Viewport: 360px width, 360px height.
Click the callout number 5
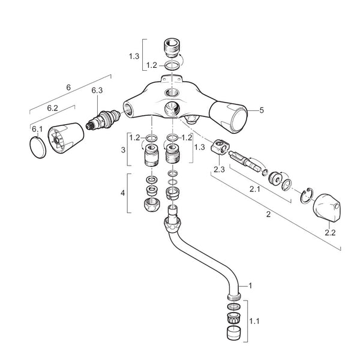(x=262, y=110)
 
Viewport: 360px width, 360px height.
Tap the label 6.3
(x=97, y=91)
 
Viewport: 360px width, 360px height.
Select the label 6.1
(x=35, y=129)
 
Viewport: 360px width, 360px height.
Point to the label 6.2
(x=52, y=108)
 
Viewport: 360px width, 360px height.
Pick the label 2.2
(x=330, y=231)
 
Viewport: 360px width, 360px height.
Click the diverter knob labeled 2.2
(x=326, y=207)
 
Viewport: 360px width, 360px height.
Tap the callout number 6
(x=68, y=88)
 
